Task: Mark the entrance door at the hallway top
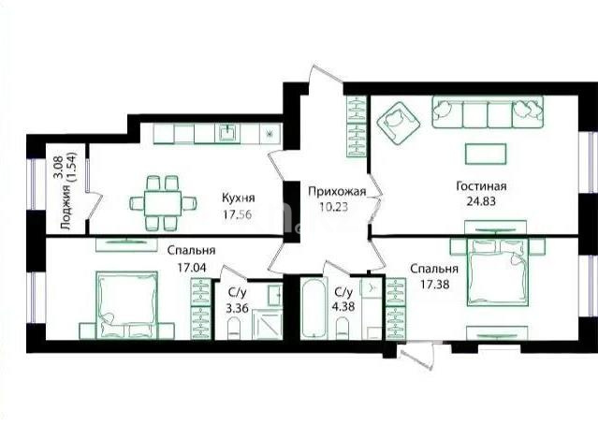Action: (x=324, y=82)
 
